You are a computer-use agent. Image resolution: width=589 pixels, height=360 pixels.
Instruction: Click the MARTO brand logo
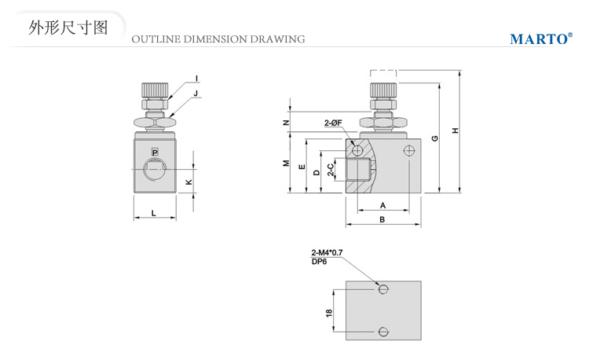(x=540, y=39)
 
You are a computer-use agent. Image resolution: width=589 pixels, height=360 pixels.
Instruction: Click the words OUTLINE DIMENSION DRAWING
(x=218, y=39)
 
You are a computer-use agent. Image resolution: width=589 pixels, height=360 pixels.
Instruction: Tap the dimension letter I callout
(x=196, y=78)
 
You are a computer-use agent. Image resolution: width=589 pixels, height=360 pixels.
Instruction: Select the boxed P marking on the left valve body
(x=155, y=151)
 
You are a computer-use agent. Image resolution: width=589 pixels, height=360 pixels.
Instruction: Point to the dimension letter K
(x=188, y=182)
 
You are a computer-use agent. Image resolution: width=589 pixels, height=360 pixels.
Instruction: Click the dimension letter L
(x=154, y=213)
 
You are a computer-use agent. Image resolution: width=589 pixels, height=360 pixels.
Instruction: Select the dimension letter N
(x=287, y=123)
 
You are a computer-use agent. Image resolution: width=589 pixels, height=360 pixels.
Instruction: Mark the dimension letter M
(x=287, y=163)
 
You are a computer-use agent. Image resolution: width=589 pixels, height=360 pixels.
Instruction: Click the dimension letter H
(x=455, y=130)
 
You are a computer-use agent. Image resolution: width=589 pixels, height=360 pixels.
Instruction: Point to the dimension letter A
(x=382, y=204)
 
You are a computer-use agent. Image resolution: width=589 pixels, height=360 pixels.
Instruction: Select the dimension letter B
(x=382, y=220)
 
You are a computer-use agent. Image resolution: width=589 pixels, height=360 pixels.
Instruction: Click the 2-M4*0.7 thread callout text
(x=327, y=252)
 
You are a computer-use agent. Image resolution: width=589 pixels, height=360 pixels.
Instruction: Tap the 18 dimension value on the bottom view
(x=329, y=312)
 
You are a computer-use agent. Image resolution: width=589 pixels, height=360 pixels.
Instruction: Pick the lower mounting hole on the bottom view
(x=383, y=331)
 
